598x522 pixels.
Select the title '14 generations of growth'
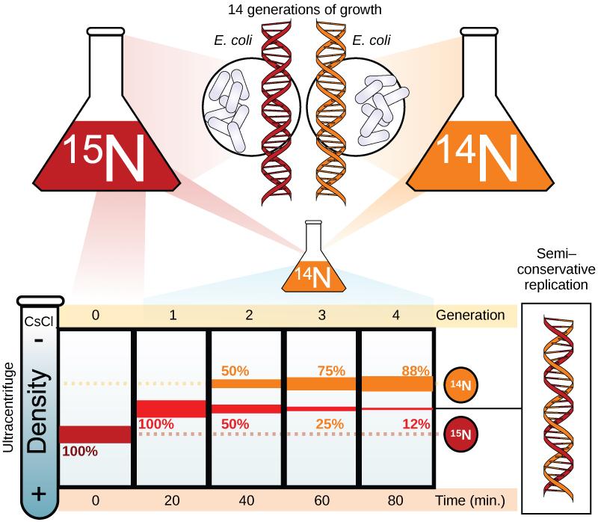pos(299,10)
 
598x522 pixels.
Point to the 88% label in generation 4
pos(413,370)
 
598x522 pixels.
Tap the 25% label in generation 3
pos(330,424)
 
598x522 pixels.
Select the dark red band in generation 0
pos(95,434)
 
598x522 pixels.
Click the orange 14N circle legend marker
pos(461,385)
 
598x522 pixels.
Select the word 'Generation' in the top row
pos(472,315)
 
